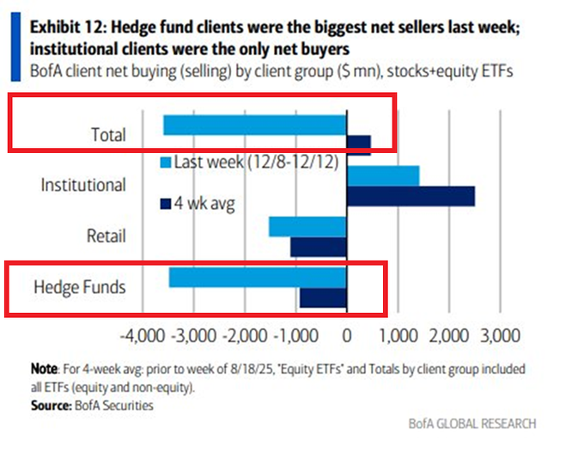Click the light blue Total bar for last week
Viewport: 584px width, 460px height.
coord(254,125)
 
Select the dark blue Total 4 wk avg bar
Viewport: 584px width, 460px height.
coord(359,144)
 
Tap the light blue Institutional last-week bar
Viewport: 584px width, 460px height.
coord(383,175)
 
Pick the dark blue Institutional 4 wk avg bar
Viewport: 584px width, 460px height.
coord(411,196)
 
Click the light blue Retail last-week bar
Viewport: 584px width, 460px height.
coord(307,226)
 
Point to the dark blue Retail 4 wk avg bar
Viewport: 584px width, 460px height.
coord(319,247)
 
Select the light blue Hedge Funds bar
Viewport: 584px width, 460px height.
coord(258,278)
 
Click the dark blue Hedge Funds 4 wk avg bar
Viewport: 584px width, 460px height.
coord(323,297)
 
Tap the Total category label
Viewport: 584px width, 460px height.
coord(108,135)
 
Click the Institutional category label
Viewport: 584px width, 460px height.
coord(83,185)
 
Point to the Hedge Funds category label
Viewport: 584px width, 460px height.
coord(80,287)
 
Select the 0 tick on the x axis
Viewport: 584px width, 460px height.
coord(347,334)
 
